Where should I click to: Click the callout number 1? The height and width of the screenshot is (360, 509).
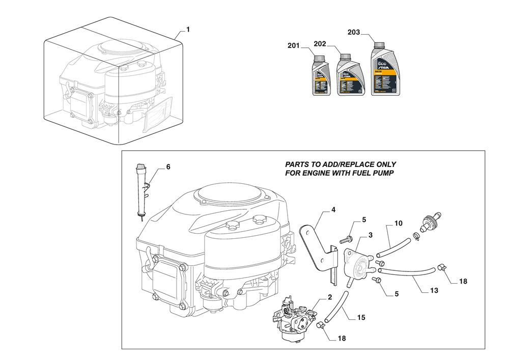(188, 30)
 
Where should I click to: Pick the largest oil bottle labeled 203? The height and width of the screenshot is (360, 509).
(385, 70)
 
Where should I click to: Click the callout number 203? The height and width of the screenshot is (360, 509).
(354, 32)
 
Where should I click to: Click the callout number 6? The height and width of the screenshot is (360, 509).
(168, 167)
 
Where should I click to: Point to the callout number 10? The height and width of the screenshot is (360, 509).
(398, 223)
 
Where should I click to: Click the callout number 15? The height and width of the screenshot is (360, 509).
(361, 317)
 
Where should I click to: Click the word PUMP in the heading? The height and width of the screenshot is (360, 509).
(380, 173)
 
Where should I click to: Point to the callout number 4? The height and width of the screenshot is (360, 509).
(333, 209)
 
